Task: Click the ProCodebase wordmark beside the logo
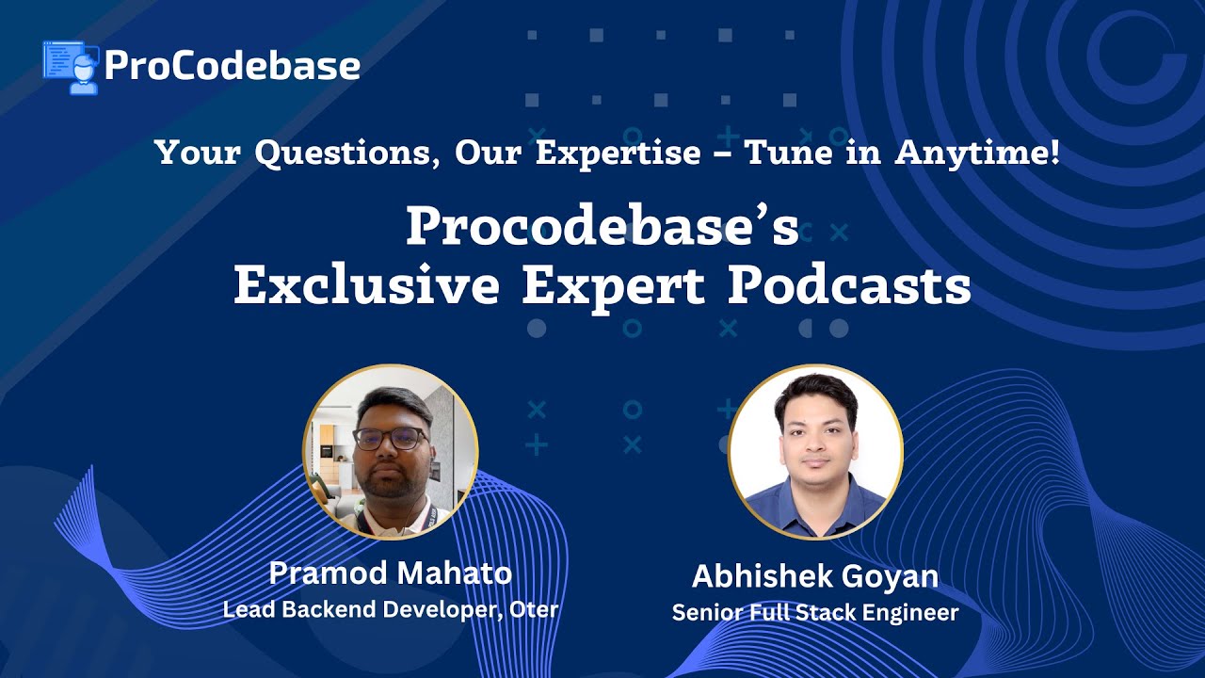point(232,65)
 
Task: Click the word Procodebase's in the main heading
point(602,228)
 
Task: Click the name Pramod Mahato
point(390,573)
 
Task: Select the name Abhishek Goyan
point(815,576)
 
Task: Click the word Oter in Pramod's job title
point(534,609)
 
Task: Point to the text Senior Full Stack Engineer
point(815,613)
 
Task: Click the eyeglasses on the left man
point(389,439)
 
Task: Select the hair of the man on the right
point(815,391)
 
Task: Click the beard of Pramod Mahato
point(388,482)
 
